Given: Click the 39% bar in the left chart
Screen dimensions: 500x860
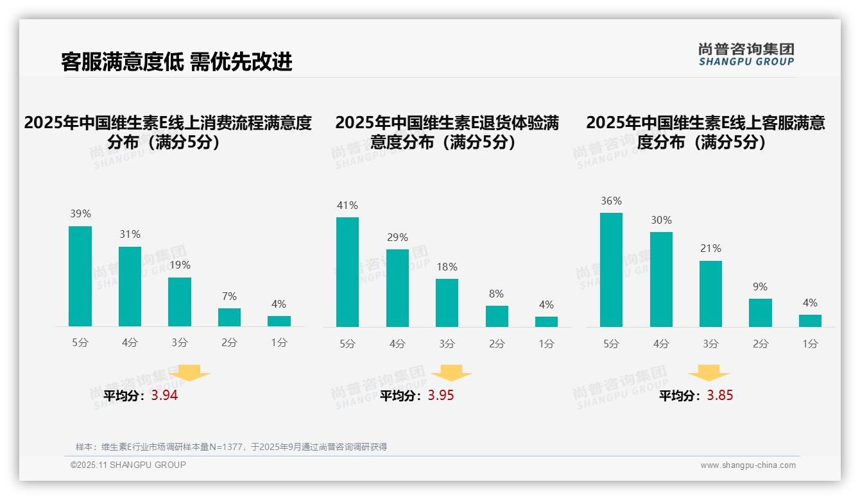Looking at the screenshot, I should (80, 276).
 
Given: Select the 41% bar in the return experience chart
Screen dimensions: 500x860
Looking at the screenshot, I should (347, 272).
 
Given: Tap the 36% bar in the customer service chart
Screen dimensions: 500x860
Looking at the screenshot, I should (611, 270).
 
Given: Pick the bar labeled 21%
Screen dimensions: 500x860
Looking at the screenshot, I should (710, 294).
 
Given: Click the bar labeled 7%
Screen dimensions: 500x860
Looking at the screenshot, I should (229, 317).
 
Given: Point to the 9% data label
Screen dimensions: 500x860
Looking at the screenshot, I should (760, 287).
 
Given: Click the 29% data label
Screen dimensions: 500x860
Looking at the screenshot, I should (397, 237).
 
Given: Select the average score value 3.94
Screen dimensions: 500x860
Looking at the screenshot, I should (164, 396).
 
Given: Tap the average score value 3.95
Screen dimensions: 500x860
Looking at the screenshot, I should (440, 396).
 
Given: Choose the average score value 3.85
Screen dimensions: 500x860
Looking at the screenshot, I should (719, 396).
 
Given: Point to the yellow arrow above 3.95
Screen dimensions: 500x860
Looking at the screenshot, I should (451, 372).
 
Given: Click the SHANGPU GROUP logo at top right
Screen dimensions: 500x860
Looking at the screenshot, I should (746, 54).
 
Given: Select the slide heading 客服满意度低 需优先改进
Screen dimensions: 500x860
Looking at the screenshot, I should (176, 62).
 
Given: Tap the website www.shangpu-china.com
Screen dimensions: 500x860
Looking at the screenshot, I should (748, 465).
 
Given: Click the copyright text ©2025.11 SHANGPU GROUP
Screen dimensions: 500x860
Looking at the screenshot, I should (128, 465).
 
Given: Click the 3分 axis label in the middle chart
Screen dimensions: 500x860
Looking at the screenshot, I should (447, 344).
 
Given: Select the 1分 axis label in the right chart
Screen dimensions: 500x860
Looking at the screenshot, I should (810, 344).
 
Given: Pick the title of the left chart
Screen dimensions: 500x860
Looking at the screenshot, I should (168, 132).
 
